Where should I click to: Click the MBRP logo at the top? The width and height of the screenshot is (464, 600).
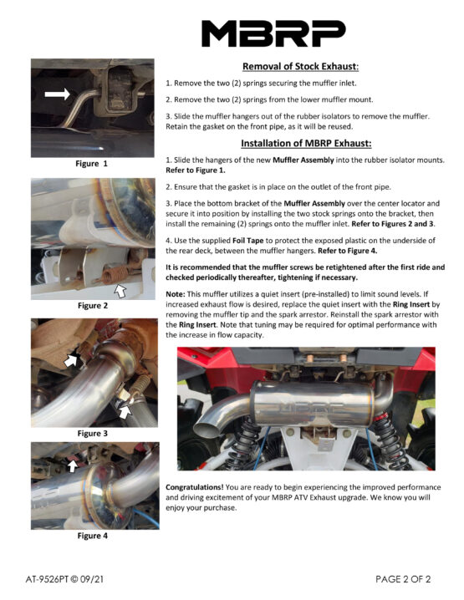pos(273,33)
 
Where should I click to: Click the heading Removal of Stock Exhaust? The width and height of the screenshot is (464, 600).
pos(300,66)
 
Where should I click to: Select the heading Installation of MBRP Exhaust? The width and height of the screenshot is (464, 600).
pos(306,143)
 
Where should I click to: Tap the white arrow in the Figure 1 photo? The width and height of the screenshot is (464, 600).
pos(58,94)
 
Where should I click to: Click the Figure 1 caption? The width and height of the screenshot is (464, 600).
pos(91,164)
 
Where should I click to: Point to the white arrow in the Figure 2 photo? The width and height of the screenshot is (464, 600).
pos(120,291)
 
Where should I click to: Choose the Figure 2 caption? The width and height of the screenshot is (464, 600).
pos(93,305)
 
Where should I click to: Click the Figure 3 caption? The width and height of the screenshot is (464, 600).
pos(93,433)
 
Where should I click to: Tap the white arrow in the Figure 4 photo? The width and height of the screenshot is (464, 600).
pos(73,465)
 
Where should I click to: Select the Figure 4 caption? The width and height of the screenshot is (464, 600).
pos(93,536)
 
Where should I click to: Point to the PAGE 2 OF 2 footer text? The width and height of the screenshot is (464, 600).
pos(403,579)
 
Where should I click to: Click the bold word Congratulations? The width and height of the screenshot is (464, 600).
pos(195,487)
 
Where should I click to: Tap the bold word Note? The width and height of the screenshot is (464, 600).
pos(176,294)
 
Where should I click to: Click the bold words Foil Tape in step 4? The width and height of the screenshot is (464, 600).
pos(248,241)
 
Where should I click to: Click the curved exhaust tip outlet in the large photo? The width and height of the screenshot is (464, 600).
pos(205,430)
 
